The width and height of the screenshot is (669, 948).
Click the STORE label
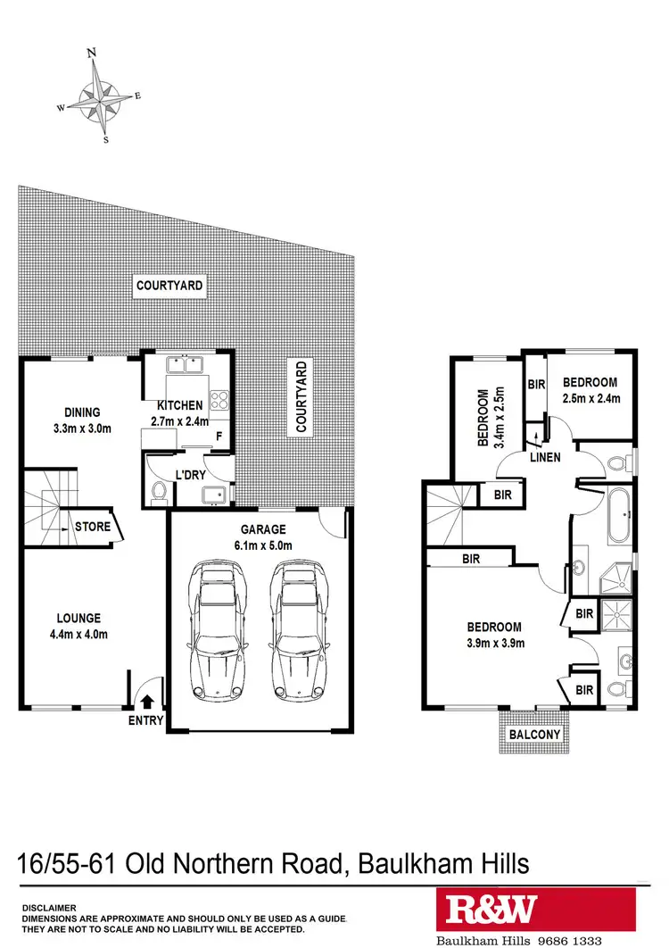pyautogui.click(x=93, y=527)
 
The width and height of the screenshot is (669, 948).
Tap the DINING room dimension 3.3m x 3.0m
pyautogui.click(x=81, y=428)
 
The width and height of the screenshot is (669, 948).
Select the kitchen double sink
pyautogui.click(x=186, y=364)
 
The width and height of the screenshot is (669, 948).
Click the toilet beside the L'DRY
pyautogui.click(x=159, y=490)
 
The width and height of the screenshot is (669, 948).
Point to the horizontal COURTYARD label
pyautogui.click(x=169, y=287)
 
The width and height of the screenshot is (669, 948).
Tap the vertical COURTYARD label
pyautogui.click(x=301, y=396)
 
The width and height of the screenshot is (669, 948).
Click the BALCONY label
pyautogui.click(x=534, y=735)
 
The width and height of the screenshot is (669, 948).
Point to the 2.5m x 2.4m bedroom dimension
pyautogui.click(x=591, y=399)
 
